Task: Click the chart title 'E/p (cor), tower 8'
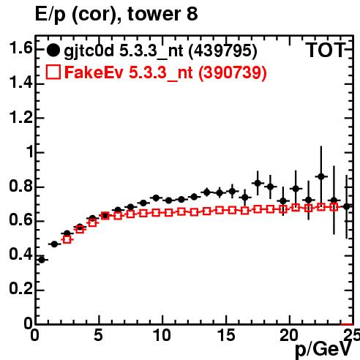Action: [116, 14]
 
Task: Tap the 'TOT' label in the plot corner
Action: [326, 50]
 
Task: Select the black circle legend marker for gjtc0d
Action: [53, 50]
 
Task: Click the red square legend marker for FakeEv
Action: [53, 72]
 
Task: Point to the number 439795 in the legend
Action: [223, 50]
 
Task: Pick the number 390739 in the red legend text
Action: [233, 72]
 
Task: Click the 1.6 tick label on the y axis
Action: [20, 48]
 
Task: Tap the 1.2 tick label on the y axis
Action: [20, 117]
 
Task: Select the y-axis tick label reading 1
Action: [30, 151]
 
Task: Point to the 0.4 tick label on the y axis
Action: [20, 254]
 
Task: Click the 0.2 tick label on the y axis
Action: [20, 288]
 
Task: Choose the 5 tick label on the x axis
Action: [98, 335]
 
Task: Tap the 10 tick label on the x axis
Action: [162, 335]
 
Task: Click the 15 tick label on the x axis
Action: [226, 335]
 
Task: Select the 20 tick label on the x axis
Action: [289, 335]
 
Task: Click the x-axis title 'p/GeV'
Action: [323, 350]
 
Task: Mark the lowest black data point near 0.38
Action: [42, 260]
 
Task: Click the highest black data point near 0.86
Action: [321, 176]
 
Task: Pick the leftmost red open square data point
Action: [67, 239]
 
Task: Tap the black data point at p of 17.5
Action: [258, 183]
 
